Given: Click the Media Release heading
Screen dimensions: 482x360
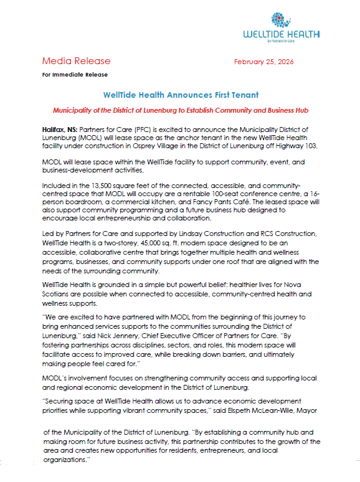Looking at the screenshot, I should tap(76, 61).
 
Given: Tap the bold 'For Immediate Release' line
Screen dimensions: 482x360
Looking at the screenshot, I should tap(75, 75).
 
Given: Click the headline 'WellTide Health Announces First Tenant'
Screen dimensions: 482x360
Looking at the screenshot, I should tap(180, 95).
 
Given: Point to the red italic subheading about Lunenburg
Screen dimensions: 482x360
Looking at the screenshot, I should tap(180, 110).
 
